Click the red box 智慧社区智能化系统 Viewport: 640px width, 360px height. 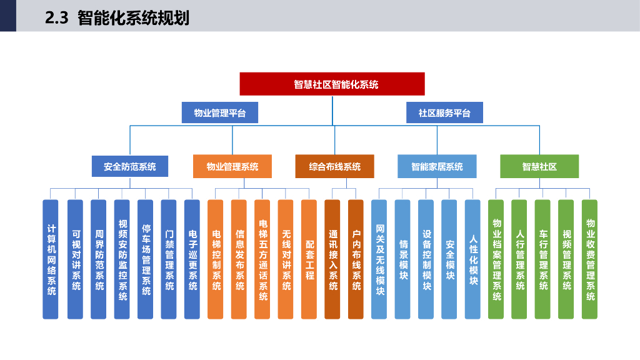[x=332, y=84]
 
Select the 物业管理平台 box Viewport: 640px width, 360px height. [x=219, y=112]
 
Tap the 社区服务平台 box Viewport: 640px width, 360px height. [x=444, y=112]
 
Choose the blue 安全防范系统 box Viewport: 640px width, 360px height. [x=130, y=166]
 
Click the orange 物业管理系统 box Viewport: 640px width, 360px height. [x=232, y=166]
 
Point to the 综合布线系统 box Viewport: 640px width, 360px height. [x=335, y=166]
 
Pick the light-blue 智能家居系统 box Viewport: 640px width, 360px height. [x=437, y=166]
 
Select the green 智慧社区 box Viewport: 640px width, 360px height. [x=539, y=166]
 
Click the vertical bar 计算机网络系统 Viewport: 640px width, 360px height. [x=51, y=259]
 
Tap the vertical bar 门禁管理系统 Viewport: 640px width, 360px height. [x=169, y=259]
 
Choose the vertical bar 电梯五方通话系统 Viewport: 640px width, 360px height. [x=262, y=259]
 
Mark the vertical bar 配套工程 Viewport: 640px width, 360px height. [x=309, y=259]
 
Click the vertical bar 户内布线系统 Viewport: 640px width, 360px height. [x=356, y=259]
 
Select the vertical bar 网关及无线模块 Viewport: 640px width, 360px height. [x=379, y=259]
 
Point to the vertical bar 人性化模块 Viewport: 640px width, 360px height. [x=472, y=259]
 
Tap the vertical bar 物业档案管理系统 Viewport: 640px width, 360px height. [x=496, y=259]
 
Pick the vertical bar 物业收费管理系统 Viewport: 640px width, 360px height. [x=589, y=259]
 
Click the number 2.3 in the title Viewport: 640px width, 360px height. [x=57, y=18]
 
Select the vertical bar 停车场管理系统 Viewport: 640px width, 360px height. [x=145, y=259]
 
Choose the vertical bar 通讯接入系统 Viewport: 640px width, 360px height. [x=332, y=259]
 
